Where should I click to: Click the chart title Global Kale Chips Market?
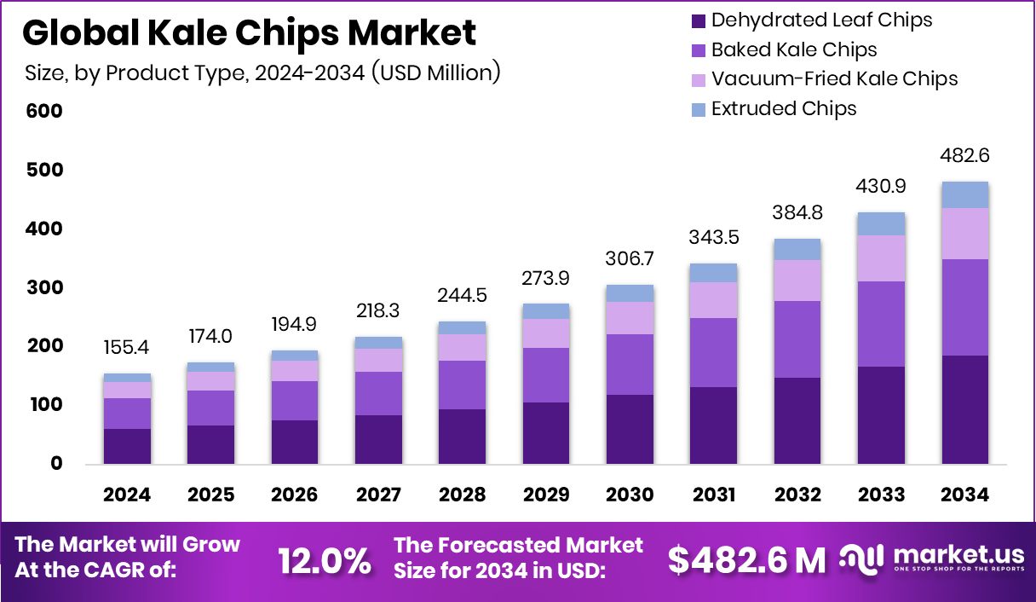[249, 33]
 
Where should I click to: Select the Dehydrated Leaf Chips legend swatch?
[699, 20]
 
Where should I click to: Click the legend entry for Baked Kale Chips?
[793, 49]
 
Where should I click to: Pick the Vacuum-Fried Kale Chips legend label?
[834, 79]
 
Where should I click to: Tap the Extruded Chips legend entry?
[783, 109]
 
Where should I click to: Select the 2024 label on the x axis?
[127, 495]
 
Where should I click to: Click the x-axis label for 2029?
[545, 495]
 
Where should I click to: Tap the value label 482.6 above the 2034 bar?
[964, 156]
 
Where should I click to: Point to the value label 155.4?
[127, 350]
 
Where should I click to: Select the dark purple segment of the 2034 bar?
[964, 409]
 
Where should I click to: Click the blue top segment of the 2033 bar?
[881, 223]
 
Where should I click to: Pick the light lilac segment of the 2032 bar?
[797, 281]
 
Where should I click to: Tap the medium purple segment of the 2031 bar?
[713, 352]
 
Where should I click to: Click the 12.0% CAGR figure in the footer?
[325, 560]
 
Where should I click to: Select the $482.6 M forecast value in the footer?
[746, 560]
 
